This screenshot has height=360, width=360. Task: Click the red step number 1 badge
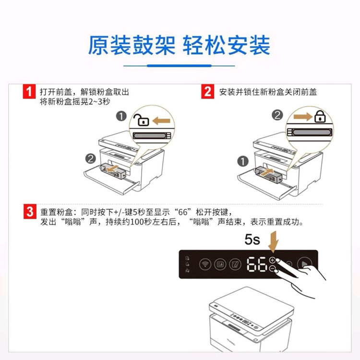[x=29, y=91]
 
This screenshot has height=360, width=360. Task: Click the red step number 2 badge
[x=207, y=91]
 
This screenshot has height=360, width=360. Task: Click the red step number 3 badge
[x=30, y=212]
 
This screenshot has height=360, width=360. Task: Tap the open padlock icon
[x=141, y=120]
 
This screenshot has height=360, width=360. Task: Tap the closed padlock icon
[x=320, y=117]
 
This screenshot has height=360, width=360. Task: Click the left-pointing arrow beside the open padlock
[x=161, y=121]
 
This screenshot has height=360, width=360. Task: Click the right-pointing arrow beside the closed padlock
[x=303, y=117]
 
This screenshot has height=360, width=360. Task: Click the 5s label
[x=252, y=240]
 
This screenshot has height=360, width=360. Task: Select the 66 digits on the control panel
[x=257, y=264]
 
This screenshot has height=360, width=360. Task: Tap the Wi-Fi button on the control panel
[x=205, y=264]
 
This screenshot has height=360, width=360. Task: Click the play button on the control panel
[x=305, y=264]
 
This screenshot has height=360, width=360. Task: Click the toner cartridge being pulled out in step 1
[x=113, y=171]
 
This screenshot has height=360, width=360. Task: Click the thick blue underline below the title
[x=179, y=66]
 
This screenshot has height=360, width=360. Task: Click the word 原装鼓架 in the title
[x=132, y=45]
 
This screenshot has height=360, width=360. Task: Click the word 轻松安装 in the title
[x=226, y=45]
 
